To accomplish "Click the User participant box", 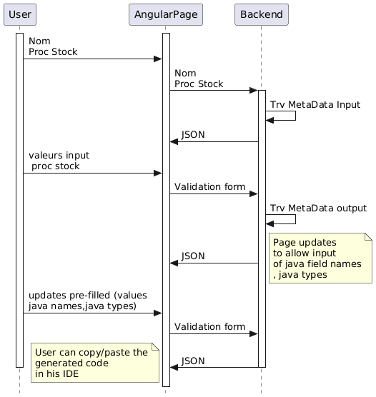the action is coord(20,14).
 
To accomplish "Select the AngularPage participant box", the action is coord(166,14).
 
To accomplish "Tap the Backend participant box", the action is coord(262,14).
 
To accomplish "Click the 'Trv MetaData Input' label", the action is coord(315,104).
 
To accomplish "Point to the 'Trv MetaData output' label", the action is coord(318,208).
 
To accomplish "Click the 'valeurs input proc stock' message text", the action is coord(59,161).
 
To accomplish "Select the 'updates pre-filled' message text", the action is coord(88,301).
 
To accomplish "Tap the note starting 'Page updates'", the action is coord(320,258).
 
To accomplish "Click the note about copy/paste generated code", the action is coord(95,363).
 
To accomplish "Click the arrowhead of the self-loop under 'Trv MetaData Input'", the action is coord(269,120).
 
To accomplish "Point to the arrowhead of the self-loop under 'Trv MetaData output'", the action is coord(269,223).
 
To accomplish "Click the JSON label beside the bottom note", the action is coord(193,361).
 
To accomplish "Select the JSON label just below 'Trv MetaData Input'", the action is coord(193,135).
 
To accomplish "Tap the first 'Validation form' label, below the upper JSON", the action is coord(210,187).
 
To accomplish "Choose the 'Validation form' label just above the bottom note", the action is coord(210,326).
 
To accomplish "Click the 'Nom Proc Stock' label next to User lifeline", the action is coord(53,46).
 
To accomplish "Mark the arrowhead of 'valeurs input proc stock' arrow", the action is coord(158,174).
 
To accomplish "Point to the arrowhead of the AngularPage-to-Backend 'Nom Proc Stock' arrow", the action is coord(254,91).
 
